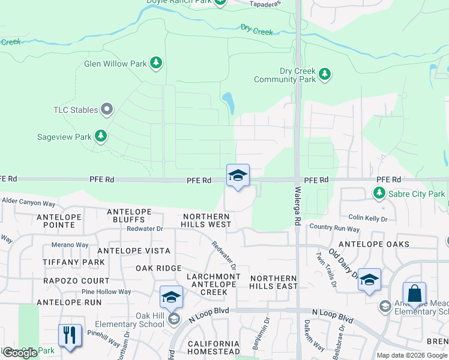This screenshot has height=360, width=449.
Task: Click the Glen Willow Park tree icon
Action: tap(156, 63)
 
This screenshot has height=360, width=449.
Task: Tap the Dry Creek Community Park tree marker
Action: tap(325, 74)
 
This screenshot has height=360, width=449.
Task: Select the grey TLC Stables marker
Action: tap(107, 109)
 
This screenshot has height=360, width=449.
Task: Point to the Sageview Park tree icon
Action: tap(101, 137)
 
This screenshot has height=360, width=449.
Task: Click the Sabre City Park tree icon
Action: tap(379, 193)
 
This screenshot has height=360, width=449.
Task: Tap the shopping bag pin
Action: tap(414, 295)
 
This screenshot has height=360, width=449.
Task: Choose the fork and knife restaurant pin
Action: tap(70, 336)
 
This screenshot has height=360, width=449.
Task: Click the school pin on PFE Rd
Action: tap(238, 176)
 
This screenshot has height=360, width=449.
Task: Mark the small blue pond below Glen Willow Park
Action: tap(229, 103)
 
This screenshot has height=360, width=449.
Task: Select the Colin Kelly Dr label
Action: tap(368, 219)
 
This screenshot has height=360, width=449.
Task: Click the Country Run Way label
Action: tap(334, 229)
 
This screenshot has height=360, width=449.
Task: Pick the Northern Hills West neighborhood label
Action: tap(206, 220)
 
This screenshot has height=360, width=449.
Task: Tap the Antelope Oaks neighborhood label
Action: tap(374, 244)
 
